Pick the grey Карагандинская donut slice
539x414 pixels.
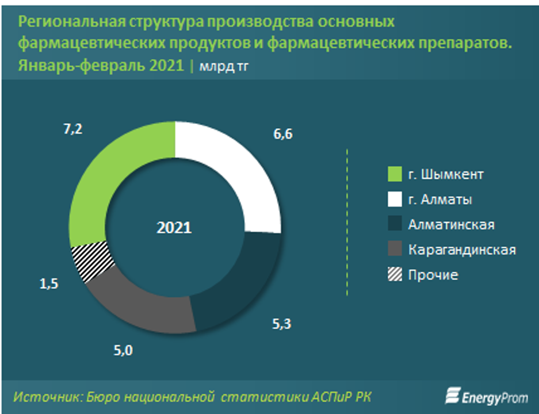[x=150, y=305]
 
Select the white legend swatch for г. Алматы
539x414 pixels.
[x=395, y=200]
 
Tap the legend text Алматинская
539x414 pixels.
[x=451, y=225]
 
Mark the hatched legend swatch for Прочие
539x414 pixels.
[x=395, y=275]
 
